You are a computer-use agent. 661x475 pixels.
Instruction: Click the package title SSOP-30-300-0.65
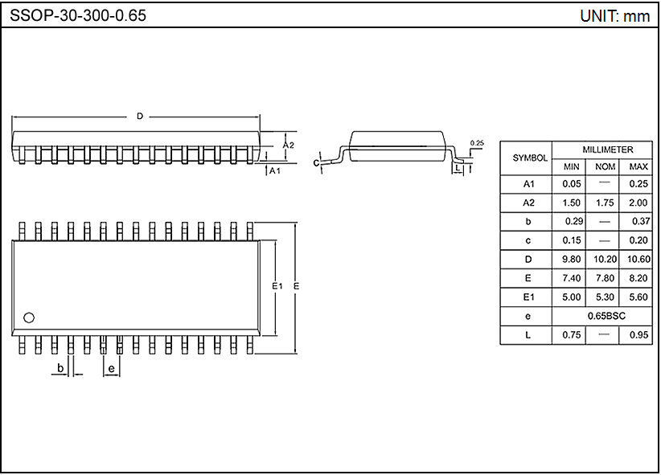pos(78,15)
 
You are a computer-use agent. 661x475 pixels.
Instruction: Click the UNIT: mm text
pos(614,15)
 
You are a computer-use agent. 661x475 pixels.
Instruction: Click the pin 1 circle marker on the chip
pos(30,317)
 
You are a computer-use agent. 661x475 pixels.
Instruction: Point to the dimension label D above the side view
pos(139,117)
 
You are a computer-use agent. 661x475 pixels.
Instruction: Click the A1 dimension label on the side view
pos(275,170)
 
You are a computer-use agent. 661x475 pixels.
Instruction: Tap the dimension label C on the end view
pos(317,163)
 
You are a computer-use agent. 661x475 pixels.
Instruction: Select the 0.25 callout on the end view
pos(477,143)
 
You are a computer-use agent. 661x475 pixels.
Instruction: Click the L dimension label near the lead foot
pos(457,170)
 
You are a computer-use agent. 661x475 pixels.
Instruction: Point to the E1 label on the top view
pos(277,286)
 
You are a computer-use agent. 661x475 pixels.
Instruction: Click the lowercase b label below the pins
pos(60,368)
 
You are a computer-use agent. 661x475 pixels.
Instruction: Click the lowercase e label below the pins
pos(112,368)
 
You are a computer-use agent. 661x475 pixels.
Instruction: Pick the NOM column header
pos(606,167)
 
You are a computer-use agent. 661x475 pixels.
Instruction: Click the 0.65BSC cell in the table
pos(606,316)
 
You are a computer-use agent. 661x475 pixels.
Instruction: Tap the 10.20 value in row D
pos(606,260)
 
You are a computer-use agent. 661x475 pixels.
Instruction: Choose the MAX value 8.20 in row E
pos(639,278)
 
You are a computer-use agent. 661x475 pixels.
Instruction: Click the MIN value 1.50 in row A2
pos(571,203)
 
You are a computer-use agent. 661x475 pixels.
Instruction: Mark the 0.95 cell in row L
pos(639,335)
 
